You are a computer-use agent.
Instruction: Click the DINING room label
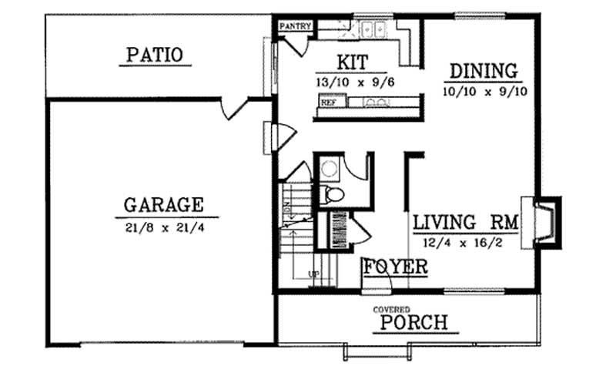[483, 72]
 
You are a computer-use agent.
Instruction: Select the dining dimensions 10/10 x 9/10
[483, 91]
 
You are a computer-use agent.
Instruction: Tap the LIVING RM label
[464, 223]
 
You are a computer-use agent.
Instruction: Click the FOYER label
[396, 267]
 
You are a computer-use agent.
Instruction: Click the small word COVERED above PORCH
[392, 309]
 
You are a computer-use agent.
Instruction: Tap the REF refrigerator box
[329, 102]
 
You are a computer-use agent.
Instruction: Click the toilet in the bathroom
[333, 194]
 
